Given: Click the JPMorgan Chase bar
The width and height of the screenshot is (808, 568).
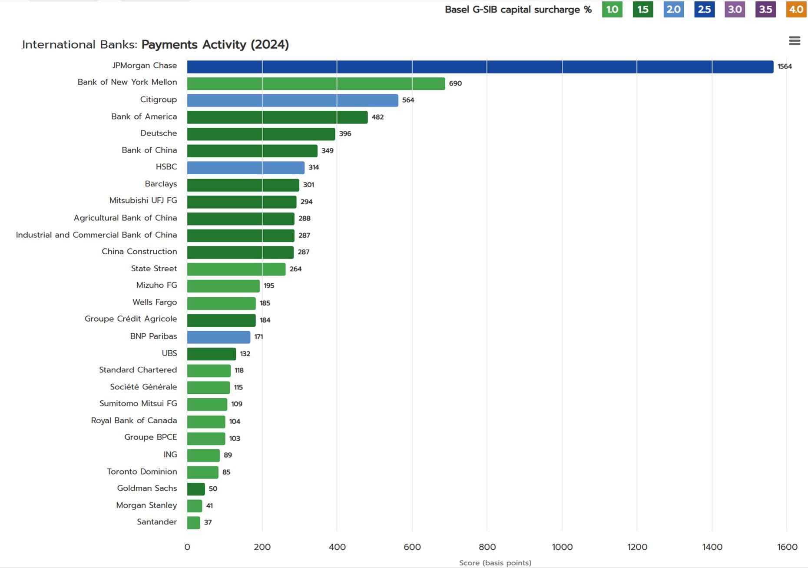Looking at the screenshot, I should (x=480, y=67).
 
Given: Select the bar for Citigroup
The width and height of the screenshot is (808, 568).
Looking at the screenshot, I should (x=292, y=100).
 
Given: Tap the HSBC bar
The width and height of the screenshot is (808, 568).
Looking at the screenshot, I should (x=245, y=168).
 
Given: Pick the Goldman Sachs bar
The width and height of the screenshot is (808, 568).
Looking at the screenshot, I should (x=196, y=489).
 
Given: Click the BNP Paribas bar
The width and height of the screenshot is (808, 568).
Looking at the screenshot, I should (x=219, y=337).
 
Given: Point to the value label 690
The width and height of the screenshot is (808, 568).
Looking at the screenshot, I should (x=455, y=83).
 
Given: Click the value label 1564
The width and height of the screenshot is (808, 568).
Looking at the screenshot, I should (x=785, y=66).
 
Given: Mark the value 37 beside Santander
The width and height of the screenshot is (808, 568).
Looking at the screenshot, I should (x=208, y=522).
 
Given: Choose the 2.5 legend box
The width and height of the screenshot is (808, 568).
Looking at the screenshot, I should (x=704, y=10).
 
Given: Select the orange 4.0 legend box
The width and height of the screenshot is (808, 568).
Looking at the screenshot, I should (x=796, y=10).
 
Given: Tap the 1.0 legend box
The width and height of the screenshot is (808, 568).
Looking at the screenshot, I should (x=612, y=10).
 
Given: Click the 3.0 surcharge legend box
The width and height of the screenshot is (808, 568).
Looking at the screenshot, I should (x=735, y=10).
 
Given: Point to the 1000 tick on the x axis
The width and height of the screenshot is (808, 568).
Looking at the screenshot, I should (x=562, y=547).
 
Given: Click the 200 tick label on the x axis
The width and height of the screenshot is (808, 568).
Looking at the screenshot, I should (x=262, y=547).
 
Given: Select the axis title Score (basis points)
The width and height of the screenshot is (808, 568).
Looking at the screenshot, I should (x=495, y=563).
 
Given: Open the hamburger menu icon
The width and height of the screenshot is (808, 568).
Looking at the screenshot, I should (x=795, y=40).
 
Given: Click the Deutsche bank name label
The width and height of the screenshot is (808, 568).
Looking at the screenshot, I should (x=159, y=133).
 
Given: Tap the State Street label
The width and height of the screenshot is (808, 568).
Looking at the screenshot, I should (x=154, y=269).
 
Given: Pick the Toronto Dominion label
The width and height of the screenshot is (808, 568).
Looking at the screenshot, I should (x=142, y=472).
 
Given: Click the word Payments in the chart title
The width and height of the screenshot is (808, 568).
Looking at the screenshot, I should (x=169, y=45).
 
